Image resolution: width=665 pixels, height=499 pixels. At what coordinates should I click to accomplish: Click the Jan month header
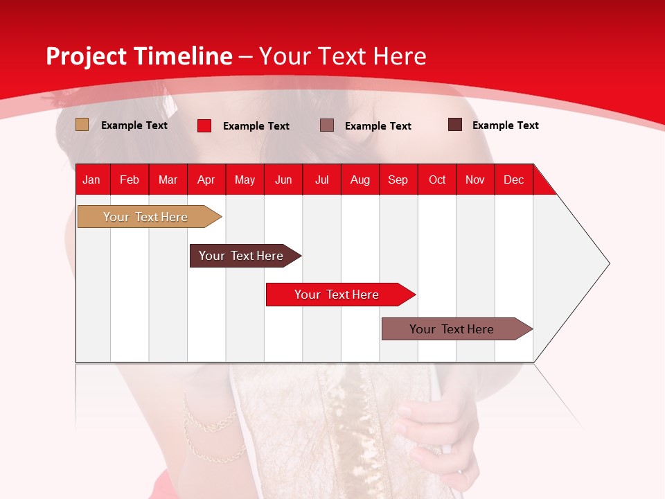[91, 180]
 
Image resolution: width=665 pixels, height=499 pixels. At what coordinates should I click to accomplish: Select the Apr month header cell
[206, 180]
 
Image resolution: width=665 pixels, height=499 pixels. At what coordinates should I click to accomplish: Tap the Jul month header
[321, 180]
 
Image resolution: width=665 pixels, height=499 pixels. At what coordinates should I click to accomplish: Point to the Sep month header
[398, 180]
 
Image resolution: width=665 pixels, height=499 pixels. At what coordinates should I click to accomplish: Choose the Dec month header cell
[513, 180]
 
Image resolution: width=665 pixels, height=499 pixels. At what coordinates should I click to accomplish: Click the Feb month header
[130, 180]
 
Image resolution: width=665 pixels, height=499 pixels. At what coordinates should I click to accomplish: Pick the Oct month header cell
[437, 180]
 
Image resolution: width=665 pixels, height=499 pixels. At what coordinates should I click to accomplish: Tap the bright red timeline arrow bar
[337, 295]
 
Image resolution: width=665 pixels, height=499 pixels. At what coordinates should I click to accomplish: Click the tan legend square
[82, 125]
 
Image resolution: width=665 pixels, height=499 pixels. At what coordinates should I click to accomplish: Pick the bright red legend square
[204, 125]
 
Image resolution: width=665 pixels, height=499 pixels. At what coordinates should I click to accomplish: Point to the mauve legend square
[327, 125]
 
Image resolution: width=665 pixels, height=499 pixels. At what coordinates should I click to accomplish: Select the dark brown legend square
[455, 125]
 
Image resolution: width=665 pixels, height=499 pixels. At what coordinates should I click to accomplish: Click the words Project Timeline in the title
[139, 56]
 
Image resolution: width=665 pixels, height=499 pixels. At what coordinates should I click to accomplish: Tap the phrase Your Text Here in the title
[343, 56]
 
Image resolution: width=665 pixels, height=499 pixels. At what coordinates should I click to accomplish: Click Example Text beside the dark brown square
[505, 125]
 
